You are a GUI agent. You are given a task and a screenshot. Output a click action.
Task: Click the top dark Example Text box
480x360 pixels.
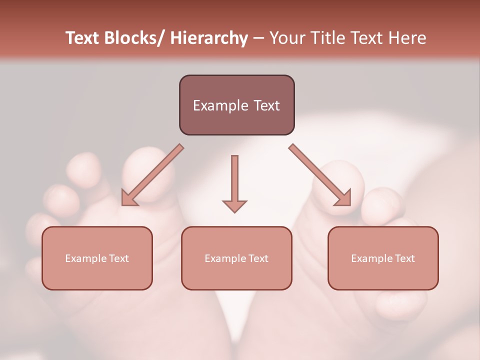click(x=236, y=105)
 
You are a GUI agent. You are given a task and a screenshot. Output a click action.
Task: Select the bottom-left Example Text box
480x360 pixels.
click(x=97, y=258)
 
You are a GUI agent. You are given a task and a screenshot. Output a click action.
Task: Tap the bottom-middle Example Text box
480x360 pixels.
click(x=236, y=258)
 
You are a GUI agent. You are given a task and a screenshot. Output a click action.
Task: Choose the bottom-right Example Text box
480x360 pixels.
click(x=383, y=258)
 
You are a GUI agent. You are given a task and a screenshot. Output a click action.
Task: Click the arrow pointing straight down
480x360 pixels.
click(x=234, y=182)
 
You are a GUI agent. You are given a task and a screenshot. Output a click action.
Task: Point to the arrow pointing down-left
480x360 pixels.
click(x=152, y=175)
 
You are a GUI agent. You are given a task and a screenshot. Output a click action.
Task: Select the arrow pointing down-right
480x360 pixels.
click(x=320, y=175)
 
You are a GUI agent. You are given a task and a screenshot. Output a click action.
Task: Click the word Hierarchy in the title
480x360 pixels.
click(x=209, y=38)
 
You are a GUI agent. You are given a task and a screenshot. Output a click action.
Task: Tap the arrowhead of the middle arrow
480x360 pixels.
click(x=234, y=205)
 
